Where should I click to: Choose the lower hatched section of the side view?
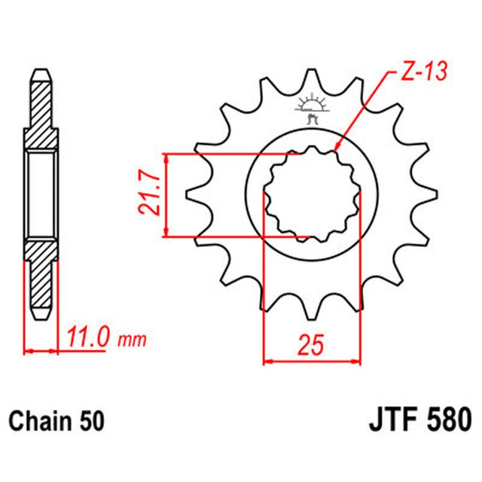pos(42,279)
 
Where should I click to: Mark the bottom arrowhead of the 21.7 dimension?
pos(166,235)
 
